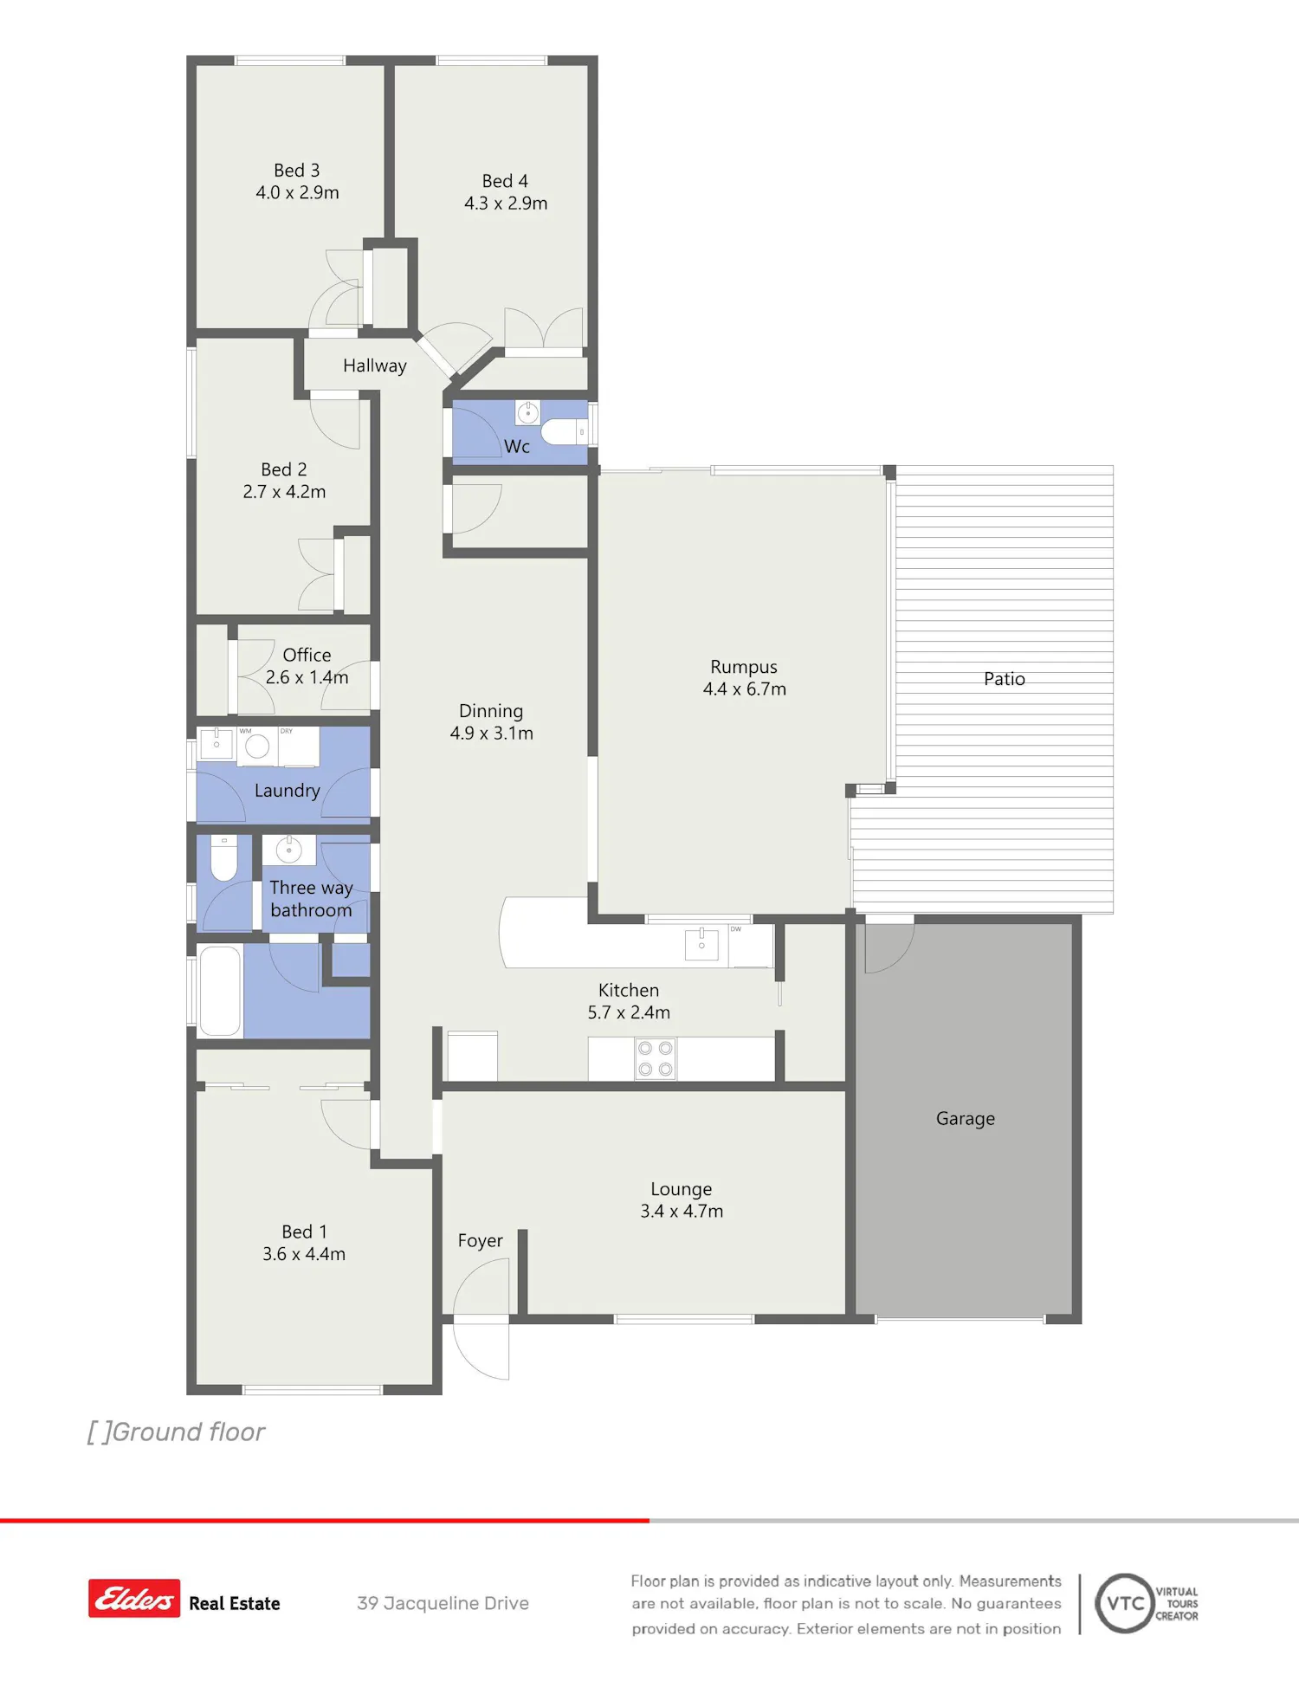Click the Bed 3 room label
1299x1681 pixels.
pyautogui.click(x=297, y=171)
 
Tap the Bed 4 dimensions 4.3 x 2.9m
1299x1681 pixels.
pyautogui.click(x=506, y=204)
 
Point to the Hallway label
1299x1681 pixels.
pyautogui.click(x=375, y=365)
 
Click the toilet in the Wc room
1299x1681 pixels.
pyautogui.click(x=564, y=431)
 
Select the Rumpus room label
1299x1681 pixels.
pyautogui.click(x=744, y=667)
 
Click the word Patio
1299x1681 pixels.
pyautogui.click(x=1005, y=679)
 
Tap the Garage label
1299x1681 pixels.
pyautogui.click(x=966, y=1119)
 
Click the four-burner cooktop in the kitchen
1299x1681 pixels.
pyautogui.click(x=656, y=1059)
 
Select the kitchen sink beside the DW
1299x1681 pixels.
pyautogui.click(x=701, y=944)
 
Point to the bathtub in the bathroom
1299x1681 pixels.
pyautogui.click(x=220, y=991)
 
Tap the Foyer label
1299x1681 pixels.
pyautogui.click(x=480, y=1241)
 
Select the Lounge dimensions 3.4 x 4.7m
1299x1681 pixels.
pyautogui.click(x=682, y=1212)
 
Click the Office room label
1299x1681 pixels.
pyautogui.click(x=307, y=655)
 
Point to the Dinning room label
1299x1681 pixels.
pyautogui.click(x=491, y=711)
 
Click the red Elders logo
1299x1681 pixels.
pyautogui.click(x=134, y=1599)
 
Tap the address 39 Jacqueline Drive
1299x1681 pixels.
pyautogui.click(x=443, y=1603)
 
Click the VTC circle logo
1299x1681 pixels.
pyautogui.click(x=1125, y=1603)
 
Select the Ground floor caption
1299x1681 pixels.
pyautogui.click(x=176, y=1432)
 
